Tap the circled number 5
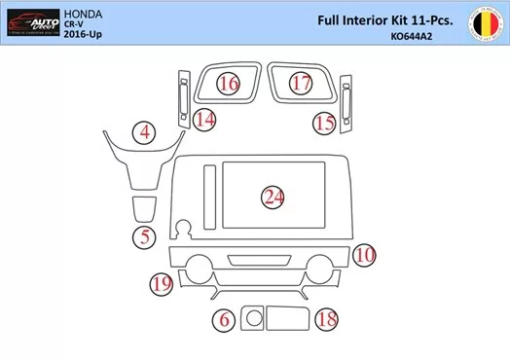[144, 235]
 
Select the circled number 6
[225, 319]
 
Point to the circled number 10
[364, 255]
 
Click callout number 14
[204, 121]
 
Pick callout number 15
[324, 123]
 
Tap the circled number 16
[229, 84]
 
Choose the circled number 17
[302, 84]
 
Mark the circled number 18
[327, 319]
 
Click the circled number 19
[162, 283]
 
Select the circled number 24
[273, 198]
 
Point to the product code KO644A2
[411, 37]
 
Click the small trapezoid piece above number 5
[144, 207]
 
